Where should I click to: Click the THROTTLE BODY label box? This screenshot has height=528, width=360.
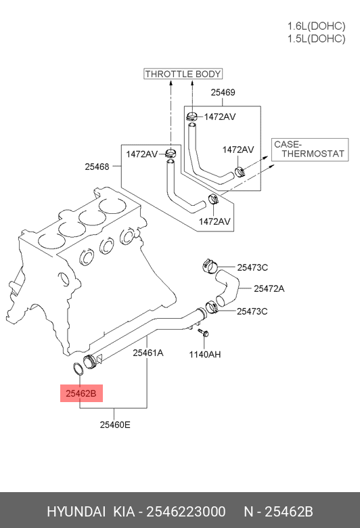coord(183,74)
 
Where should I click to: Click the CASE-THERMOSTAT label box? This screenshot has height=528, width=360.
coord(310,150)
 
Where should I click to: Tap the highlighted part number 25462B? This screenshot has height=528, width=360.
coord(81,393)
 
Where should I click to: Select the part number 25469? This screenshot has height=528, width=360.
coord(223,92)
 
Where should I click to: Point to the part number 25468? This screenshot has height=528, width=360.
coord(97,167)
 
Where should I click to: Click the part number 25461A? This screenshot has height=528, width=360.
coord(148,353)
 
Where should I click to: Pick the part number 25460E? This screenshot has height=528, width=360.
coord(115,424)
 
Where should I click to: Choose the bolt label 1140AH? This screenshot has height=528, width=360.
coord(205,354)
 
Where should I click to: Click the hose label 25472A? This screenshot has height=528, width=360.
coord(269,288)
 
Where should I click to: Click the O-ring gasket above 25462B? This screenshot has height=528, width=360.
coord(78,370)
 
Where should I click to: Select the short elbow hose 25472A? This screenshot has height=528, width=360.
coord(227,288)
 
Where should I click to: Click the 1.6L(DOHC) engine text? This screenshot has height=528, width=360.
coord(316,26)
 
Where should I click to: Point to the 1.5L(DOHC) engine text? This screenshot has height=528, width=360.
coord(316,39)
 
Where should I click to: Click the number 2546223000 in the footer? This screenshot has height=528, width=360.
coord(186,512)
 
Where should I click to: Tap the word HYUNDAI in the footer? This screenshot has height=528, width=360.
coord(76,512)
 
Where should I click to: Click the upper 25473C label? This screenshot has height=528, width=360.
coord(252,267)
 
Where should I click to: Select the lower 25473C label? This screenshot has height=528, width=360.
coord(252,311)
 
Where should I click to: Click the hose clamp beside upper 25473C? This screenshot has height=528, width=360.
coord(210,265)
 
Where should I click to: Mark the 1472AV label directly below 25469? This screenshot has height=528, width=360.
coord(220,116)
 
